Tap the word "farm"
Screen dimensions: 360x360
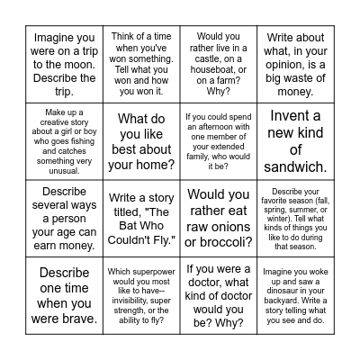[240, 78]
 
